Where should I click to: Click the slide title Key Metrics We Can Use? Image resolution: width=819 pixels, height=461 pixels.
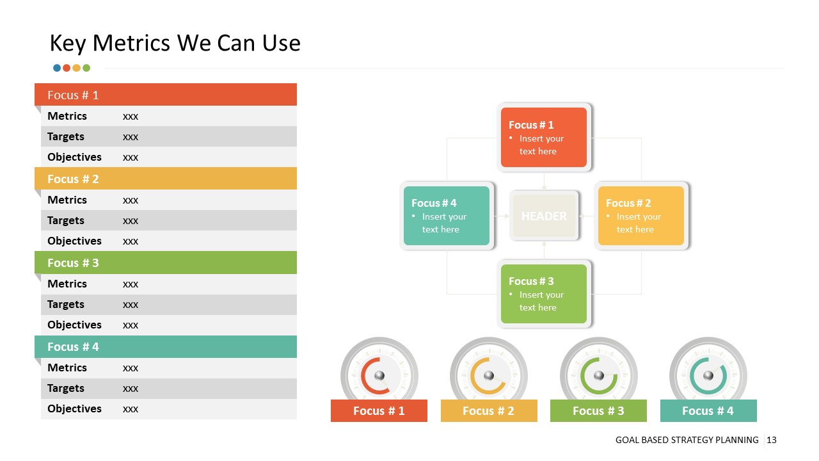(x=175, y=43)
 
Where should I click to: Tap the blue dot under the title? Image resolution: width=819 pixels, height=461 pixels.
(x=57, y=68)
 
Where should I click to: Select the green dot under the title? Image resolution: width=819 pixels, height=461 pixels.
(x=86, y=68)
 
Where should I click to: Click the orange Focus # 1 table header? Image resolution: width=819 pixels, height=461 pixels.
(x=165, y=95)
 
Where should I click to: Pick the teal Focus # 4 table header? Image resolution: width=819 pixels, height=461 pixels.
(x=165, y=346)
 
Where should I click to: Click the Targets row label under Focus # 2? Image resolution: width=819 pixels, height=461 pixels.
(x=66, y=220)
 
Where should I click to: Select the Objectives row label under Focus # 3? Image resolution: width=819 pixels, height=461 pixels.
(x=74, y=325)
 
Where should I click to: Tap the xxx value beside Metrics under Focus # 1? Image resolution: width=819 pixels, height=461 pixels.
(x=131, y=117)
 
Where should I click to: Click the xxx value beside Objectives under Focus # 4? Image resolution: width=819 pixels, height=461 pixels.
(x=131, y=409)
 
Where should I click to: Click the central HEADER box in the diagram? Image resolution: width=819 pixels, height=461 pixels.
(x=544, y=216)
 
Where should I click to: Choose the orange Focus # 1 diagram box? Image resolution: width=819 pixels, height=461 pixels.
(x=544, y=138)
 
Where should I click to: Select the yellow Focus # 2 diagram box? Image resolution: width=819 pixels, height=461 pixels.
(x=641, y=216)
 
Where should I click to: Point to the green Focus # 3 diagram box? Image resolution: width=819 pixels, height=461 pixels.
(x=544, y=294)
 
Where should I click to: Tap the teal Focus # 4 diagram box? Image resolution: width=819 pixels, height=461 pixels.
(x=447, y=216)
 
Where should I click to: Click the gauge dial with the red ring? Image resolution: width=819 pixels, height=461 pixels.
(x=379, y=375)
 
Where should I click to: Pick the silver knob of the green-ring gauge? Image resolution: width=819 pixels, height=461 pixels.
(x=598, y=375)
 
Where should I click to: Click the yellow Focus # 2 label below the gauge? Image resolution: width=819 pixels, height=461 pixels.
(x=488, y=410)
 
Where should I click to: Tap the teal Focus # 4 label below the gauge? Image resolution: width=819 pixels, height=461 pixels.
(x=708, y=410)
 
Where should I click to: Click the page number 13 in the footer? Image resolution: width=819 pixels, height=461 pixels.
(x=771, y=440)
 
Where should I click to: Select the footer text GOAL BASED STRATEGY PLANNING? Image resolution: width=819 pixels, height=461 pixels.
(x=687, y=440)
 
